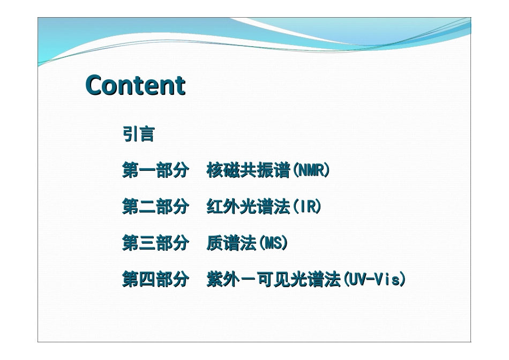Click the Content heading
coord(136,85)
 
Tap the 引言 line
coord(139,134)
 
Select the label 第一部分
coord(155,171)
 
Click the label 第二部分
coord(155,207)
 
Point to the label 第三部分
coord(155,244)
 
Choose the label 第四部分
coord(155,280)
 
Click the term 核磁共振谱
coord(248,171)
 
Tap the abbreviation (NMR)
coord(311,171)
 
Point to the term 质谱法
coord(231,244)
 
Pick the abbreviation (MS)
coord(273,244)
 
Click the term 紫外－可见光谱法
coord(273,280)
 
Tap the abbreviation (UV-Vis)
coord(374,280)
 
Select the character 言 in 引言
coord(146,134)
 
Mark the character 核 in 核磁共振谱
coord(215,171)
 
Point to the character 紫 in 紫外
coord(215,280)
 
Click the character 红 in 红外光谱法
coord(215,207)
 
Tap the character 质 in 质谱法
coord(215,244)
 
